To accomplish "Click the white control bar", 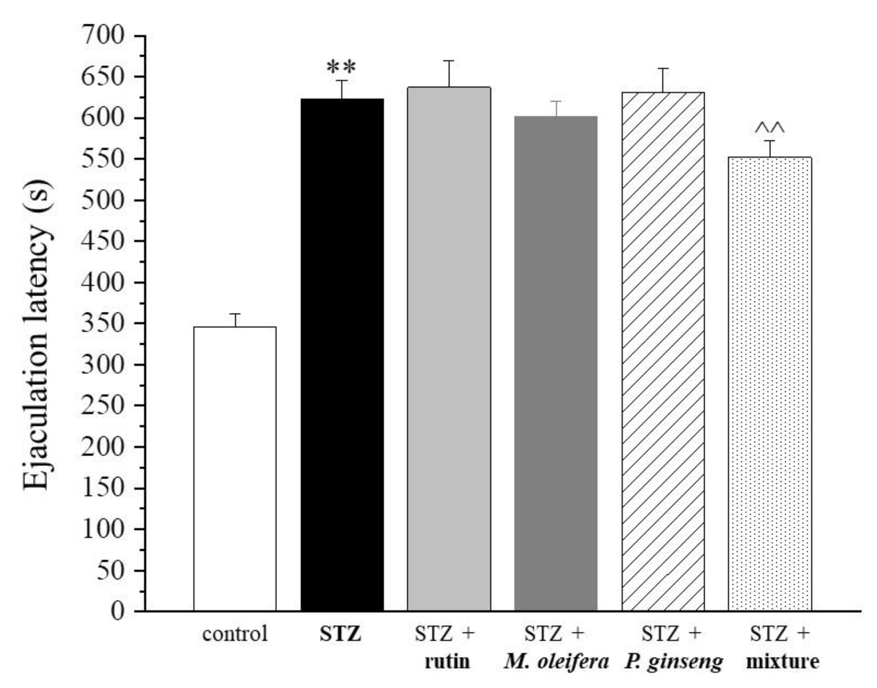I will coord(235,467).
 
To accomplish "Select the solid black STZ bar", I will coord(342,355).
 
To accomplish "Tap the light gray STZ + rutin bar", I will coord(449,350).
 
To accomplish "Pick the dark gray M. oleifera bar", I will coord(556,362).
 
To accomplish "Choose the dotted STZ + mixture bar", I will coord(770,382).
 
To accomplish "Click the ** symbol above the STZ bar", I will coord(341,67).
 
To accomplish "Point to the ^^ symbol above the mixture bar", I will coord(770,129).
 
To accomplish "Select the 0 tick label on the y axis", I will coord(118,611).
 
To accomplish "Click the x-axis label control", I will coord(235,634).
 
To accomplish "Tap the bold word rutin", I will coord(447,662).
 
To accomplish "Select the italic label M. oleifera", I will coord(556,662).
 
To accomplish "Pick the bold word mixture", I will coord(782,662).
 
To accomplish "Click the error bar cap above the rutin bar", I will coord(449,61).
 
